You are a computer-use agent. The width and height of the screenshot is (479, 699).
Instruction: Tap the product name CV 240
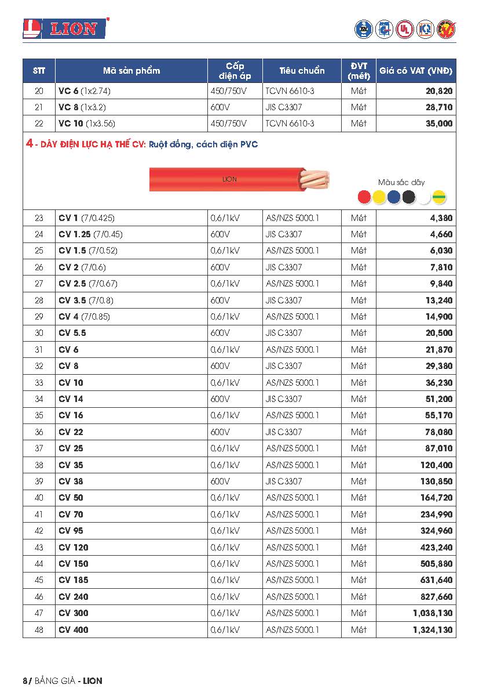(x=74, y=597)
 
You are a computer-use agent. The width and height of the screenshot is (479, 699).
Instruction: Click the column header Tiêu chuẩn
(x=302, y=71)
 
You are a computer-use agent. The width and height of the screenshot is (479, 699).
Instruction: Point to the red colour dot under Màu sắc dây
(x=364, y=197)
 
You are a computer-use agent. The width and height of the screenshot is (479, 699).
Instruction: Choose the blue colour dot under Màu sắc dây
(x=394, y=197)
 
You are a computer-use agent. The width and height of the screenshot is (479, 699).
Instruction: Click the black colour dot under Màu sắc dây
(x=409, y=197)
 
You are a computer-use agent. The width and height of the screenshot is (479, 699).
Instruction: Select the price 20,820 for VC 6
(x=438, y=91)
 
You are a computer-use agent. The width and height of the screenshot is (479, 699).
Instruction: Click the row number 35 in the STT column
(x=39, y=415)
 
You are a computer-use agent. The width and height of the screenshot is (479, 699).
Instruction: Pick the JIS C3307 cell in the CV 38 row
(x=284, y=481)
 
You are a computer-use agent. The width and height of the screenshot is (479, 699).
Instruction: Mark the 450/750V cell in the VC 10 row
(x=228, y=124)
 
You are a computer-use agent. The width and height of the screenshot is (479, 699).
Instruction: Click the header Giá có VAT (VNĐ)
(x=416, y=71)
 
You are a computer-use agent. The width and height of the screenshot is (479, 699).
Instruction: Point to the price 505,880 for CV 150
(x=436, y=564)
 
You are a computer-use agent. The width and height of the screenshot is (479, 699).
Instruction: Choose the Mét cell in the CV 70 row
(x=359, y=515)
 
